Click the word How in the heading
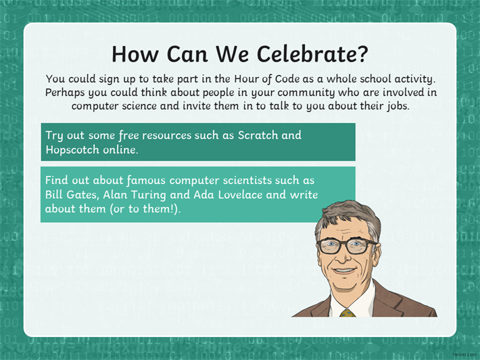coord(135,54)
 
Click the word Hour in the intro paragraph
coord(245,79)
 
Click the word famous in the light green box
coord(146,181)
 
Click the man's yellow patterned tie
coord(347,313)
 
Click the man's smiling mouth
coord(344,270)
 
